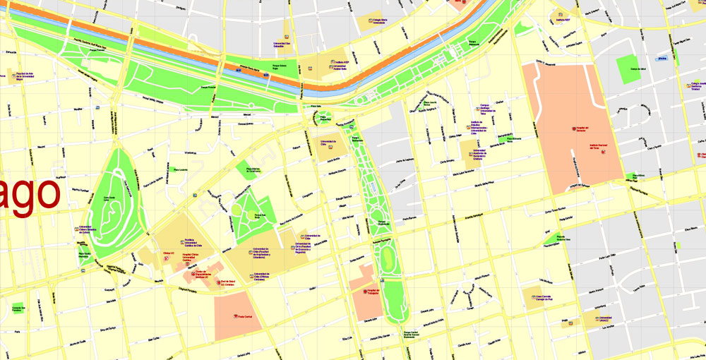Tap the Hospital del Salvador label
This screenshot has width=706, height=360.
pos(582,128)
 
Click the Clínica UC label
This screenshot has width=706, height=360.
pos(168,252)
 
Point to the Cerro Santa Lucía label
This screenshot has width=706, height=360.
pos(109,198)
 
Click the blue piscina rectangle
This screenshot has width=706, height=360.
pos(662,59)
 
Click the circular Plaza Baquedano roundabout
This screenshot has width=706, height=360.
pos(325,114)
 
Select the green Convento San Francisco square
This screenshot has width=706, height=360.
pos(18,308)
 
